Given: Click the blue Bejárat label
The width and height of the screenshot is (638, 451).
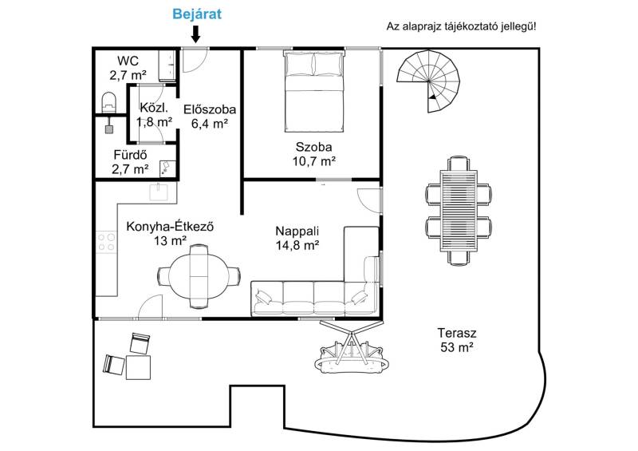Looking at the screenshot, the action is (197, 14).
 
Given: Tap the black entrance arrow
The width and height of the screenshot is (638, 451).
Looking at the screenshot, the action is (195, 34).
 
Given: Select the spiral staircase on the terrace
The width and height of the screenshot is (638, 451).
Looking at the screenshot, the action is (428, 81).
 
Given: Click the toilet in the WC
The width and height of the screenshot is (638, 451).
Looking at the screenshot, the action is (108, 102).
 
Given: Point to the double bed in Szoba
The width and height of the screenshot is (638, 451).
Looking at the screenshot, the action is (313, 91).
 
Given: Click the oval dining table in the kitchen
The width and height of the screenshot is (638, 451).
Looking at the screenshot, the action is (199, 276).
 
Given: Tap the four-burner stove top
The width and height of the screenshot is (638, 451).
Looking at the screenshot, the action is (106, 242).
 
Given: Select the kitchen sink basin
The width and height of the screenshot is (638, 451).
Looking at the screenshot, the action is (159, 192).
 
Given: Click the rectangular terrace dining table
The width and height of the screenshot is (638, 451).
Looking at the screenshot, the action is (459, 211).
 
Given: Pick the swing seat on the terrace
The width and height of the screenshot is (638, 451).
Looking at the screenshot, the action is (351, 347).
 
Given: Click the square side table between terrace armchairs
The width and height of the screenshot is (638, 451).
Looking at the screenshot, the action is (138, 367).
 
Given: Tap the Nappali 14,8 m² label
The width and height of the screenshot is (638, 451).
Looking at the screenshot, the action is (297, 238).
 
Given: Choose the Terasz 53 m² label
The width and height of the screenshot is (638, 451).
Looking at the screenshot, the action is (457, 340).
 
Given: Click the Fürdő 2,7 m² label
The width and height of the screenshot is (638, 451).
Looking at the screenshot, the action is (130, 162).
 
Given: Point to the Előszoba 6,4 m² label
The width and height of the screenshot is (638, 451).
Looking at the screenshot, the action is (210, 116).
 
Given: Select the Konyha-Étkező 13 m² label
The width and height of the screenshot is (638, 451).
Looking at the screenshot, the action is (170, 233).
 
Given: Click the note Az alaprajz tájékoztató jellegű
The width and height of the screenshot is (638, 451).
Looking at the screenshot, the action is (462, 27).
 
